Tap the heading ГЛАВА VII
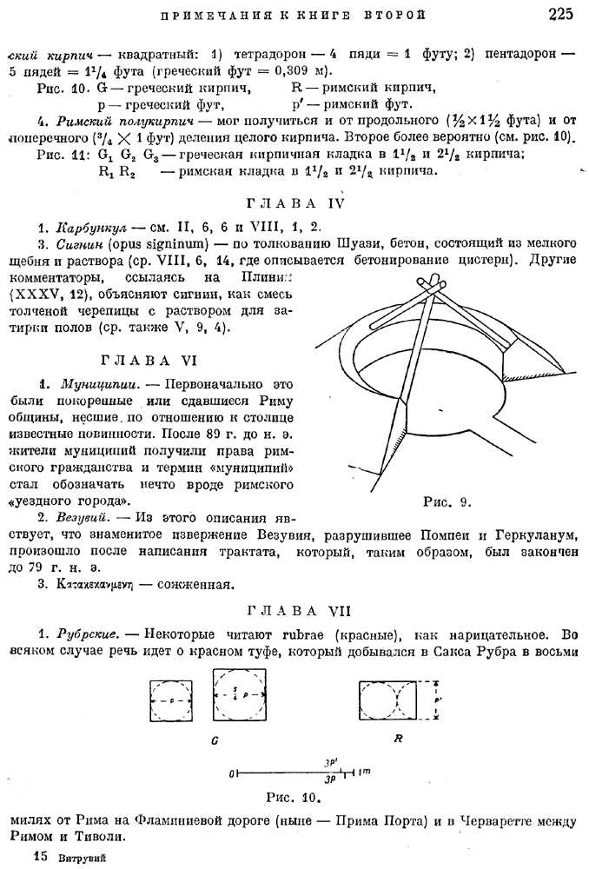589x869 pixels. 295,610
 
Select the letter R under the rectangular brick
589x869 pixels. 397,739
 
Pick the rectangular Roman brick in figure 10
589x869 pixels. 394,699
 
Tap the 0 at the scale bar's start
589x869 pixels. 233,772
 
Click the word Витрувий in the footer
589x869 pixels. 83,856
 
